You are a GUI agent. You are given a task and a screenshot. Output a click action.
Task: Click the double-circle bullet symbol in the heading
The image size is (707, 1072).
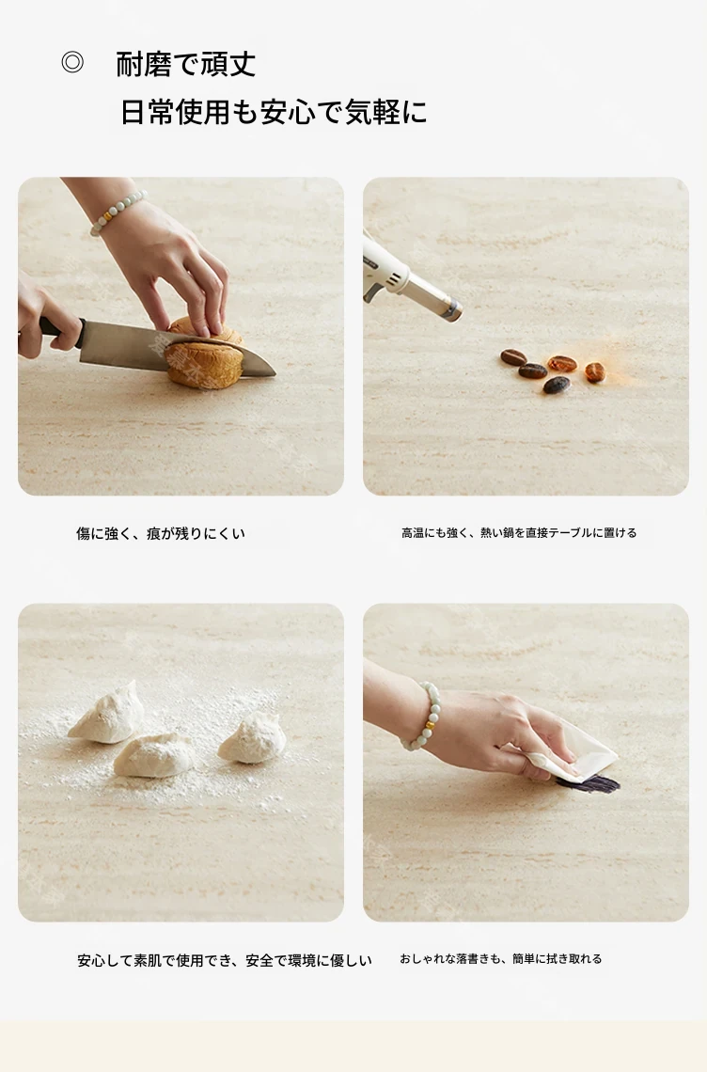pos(72,62)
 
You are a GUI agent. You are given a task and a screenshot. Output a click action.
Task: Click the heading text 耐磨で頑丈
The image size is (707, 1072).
pos(186,64)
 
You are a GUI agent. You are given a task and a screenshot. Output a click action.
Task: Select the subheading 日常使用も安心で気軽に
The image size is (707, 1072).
pos(274,112)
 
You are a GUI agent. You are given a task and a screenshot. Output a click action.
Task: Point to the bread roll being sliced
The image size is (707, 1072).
pos(205,355)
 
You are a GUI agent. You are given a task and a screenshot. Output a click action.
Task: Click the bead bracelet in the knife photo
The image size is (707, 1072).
pos(118,213)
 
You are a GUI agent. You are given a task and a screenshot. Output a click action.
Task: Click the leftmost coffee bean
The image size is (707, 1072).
pos(513,357)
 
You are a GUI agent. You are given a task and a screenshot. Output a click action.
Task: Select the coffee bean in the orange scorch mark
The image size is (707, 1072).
pos(595,372)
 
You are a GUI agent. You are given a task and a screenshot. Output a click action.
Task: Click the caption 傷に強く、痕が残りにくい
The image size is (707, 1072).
pos(161,533)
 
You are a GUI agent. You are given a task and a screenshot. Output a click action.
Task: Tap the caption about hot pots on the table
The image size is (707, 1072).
pos(519,532)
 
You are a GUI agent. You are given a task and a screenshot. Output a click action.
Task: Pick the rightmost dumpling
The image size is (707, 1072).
pos(252,737)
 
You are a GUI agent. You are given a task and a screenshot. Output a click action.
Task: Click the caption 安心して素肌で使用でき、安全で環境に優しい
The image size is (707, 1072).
pos(225,960)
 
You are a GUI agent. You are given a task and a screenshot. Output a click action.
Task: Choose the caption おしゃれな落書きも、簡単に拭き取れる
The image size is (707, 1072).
pos(500,959)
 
